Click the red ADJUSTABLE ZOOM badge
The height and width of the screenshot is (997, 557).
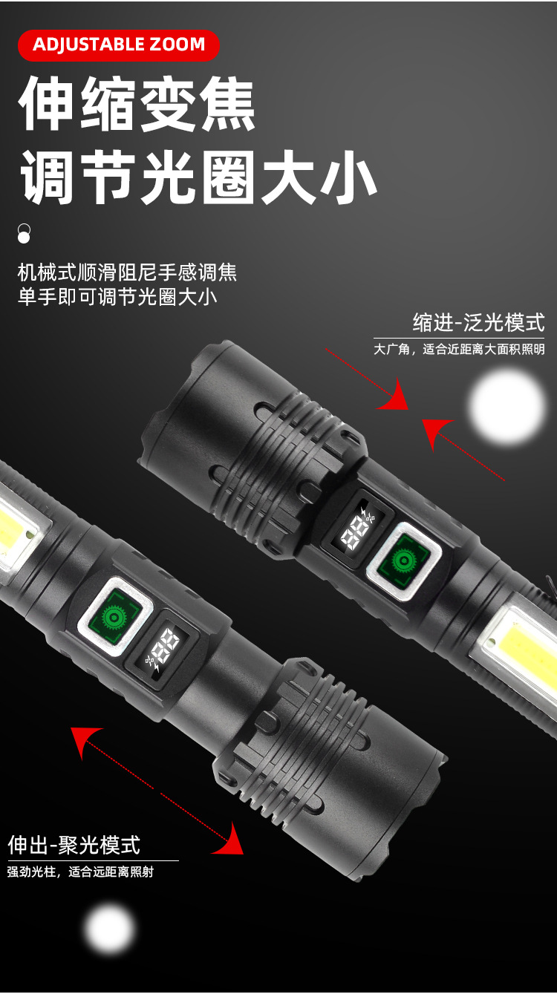pos(119,45)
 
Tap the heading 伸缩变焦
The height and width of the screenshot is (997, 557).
pos(137,103)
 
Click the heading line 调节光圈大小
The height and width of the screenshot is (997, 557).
pos(198,177)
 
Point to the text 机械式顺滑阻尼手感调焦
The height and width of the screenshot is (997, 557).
pos(127,272)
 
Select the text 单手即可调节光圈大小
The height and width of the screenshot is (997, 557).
pos(117,297)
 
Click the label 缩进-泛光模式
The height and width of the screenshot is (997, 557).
pos(478,322)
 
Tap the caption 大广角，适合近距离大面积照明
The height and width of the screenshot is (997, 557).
pos(459,349)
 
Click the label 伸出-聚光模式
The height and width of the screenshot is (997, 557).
pos(74,845)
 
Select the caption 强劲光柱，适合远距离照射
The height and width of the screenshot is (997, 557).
pos(81,872)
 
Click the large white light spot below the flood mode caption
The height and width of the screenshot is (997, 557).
pos(507,408)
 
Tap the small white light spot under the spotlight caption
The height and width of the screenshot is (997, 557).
pos(109,929)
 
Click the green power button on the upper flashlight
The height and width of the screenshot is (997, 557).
pos(404,561)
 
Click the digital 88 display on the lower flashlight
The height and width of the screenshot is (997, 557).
pos(161,650)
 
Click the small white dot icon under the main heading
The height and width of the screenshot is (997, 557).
pos(24,234)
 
